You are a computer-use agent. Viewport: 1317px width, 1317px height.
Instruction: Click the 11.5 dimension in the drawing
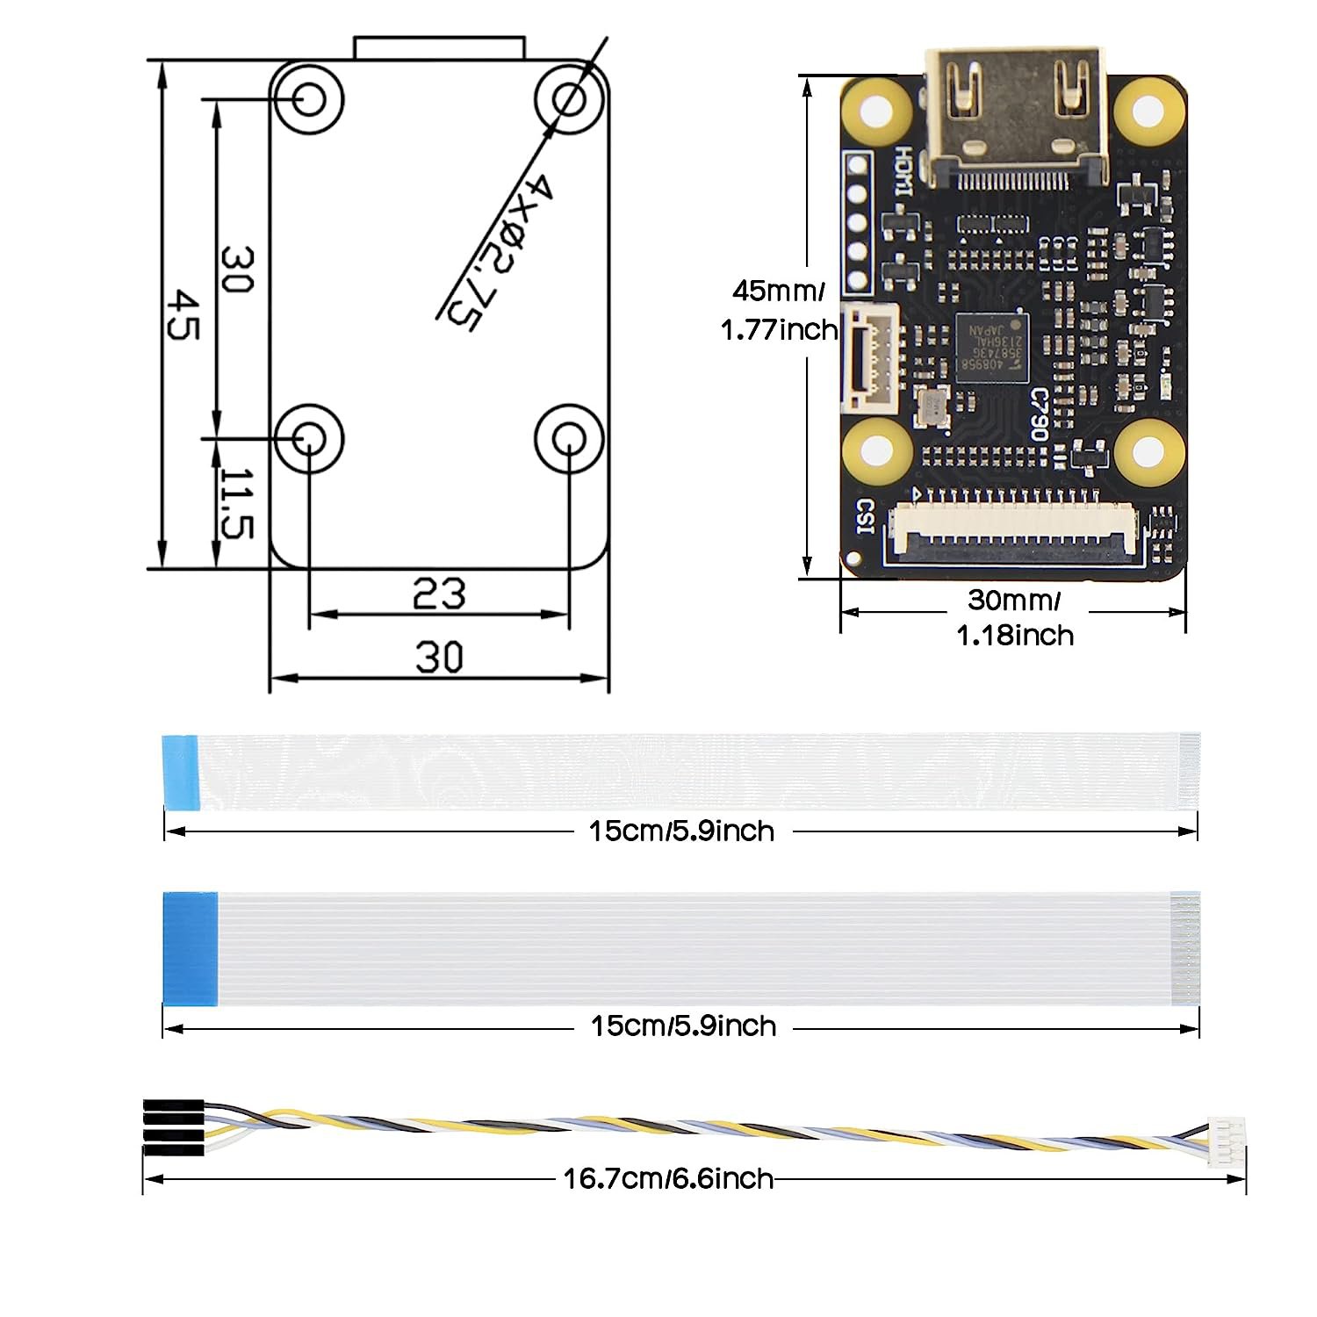pos(235,503)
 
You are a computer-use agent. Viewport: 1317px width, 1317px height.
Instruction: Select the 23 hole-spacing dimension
pos(439,594)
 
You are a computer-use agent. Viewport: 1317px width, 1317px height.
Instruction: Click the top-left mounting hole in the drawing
pos(307,98)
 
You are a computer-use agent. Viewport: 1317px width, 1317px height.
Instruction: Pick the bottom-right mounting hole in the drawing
pos(570,438)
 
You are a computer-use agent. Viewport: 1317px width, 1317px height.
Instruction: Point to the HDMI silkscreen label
pos(903,172)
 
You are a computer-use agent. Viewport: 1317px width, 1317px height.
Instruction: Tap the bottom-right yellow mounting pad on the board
pos(1148,450)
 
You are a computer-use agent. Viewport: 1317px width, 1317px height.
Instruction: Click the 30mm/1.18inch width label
pos(1014,617)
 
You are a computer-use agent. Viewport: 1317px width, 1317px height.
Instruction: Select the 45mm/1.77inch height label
pos(779,310)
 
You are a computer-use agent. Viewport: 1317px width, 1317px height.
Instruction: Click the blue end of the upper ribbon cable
pos(181,771)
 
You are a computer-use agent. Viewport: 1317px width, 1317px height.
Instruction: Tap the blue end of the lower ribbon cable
pos(191,948)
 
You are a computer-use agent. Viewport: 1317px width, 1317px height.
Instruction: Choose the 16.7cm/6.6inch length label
pos(668,1178)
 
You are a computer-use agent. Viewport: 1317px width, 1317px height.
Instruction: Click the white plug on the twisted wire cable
pos(1226,1141)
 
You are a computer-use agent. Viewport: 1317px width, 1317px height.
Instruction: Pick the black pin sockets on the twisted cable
pos(174,1127)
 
